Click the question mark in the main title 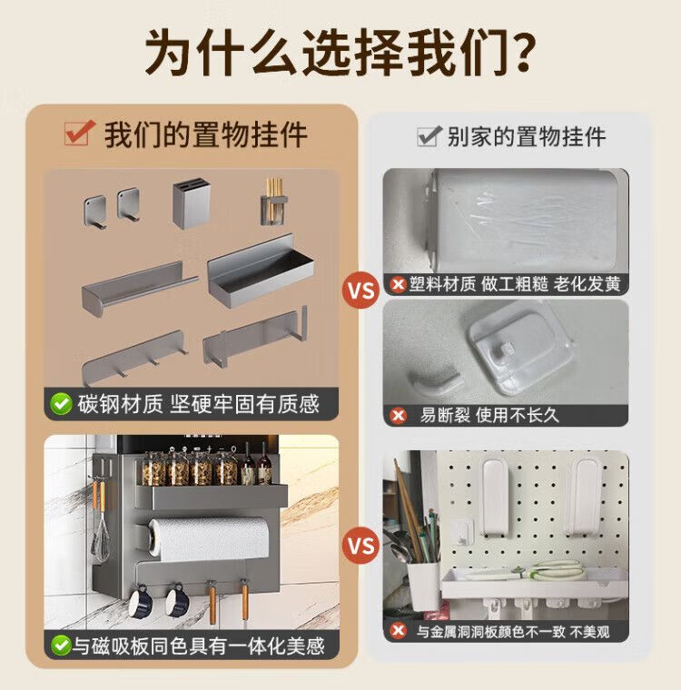519,52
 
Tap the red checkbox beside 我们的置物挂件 79,133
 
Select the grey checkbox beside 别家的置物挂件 429,136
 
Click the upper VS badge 361,291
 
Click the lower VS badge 361,546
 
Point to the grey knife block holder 191,203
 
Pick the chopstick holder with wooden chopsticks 274,202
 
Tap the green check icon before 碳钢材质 61,403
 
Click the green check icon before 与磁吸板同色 60,646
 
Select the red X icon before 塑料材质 399,284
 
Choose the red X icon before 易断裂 399,415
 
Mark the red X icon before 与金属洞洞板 399,631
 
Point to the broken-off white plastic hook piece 435,382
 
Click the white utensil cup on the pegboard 423,586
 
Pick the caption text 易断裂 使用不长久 489,415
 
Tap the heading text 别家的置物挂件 527,136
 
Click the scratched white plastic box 524,220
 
